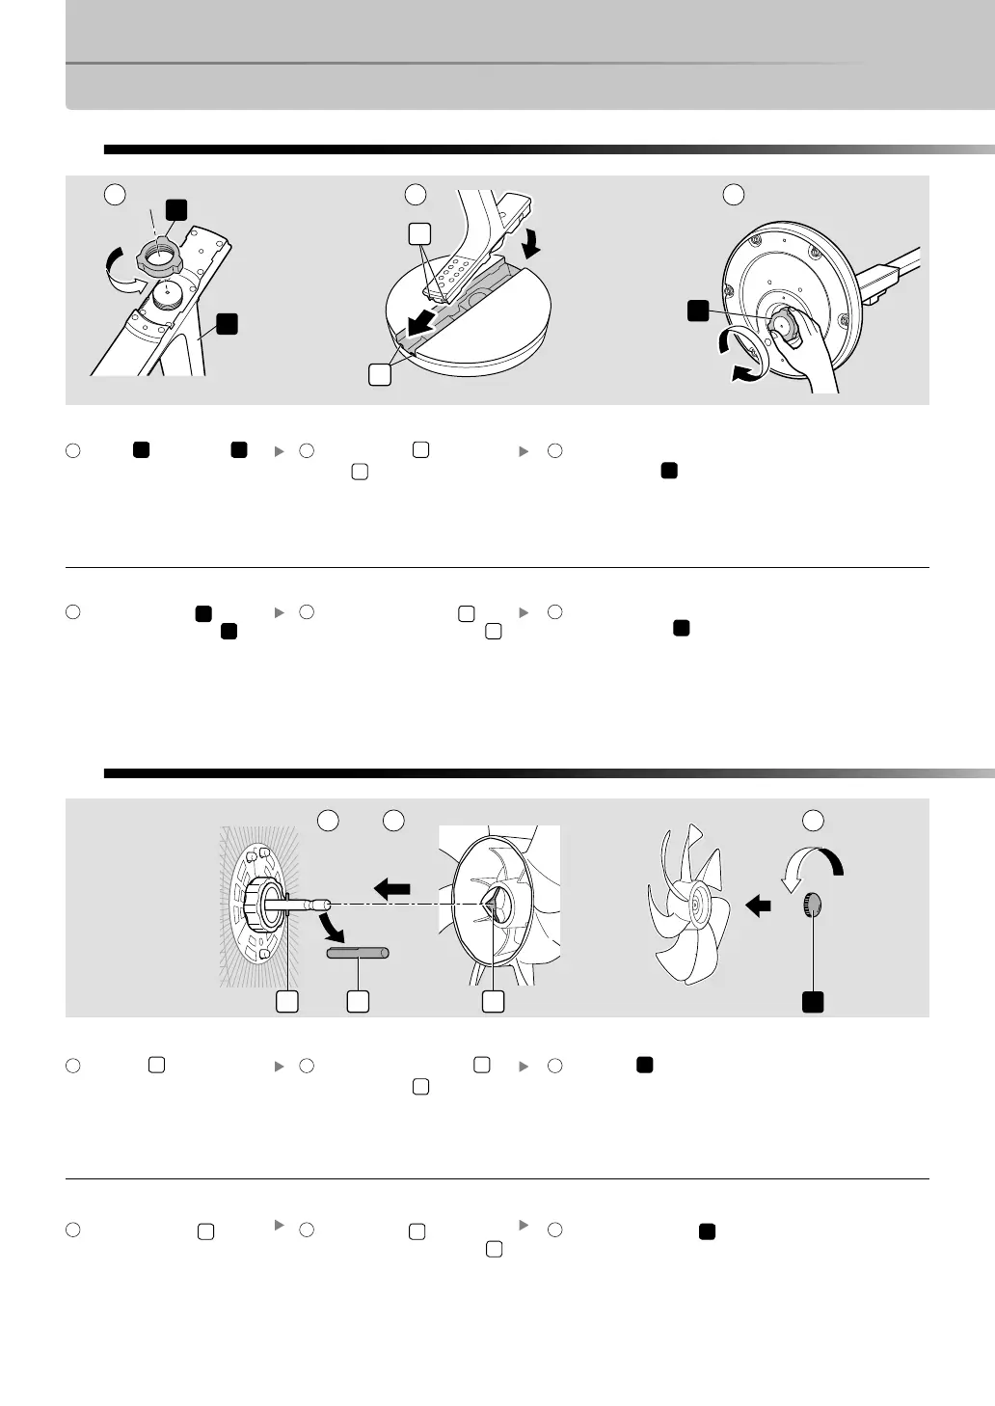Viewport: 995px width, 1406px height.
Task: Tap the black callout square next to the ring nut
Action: [x=175, y=209]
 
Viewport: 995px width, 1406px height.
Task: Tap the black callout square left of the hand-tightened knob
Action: [x=697, y=310]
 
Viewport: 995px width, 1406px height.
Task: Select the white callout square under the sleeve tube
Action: [x=358, y=1001]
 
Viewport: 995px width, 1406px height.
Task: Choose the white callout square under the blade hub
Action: [x=493, y=1001]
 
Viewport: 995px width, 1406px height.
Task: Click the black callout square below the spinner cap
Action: [x=814, y=1002]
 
